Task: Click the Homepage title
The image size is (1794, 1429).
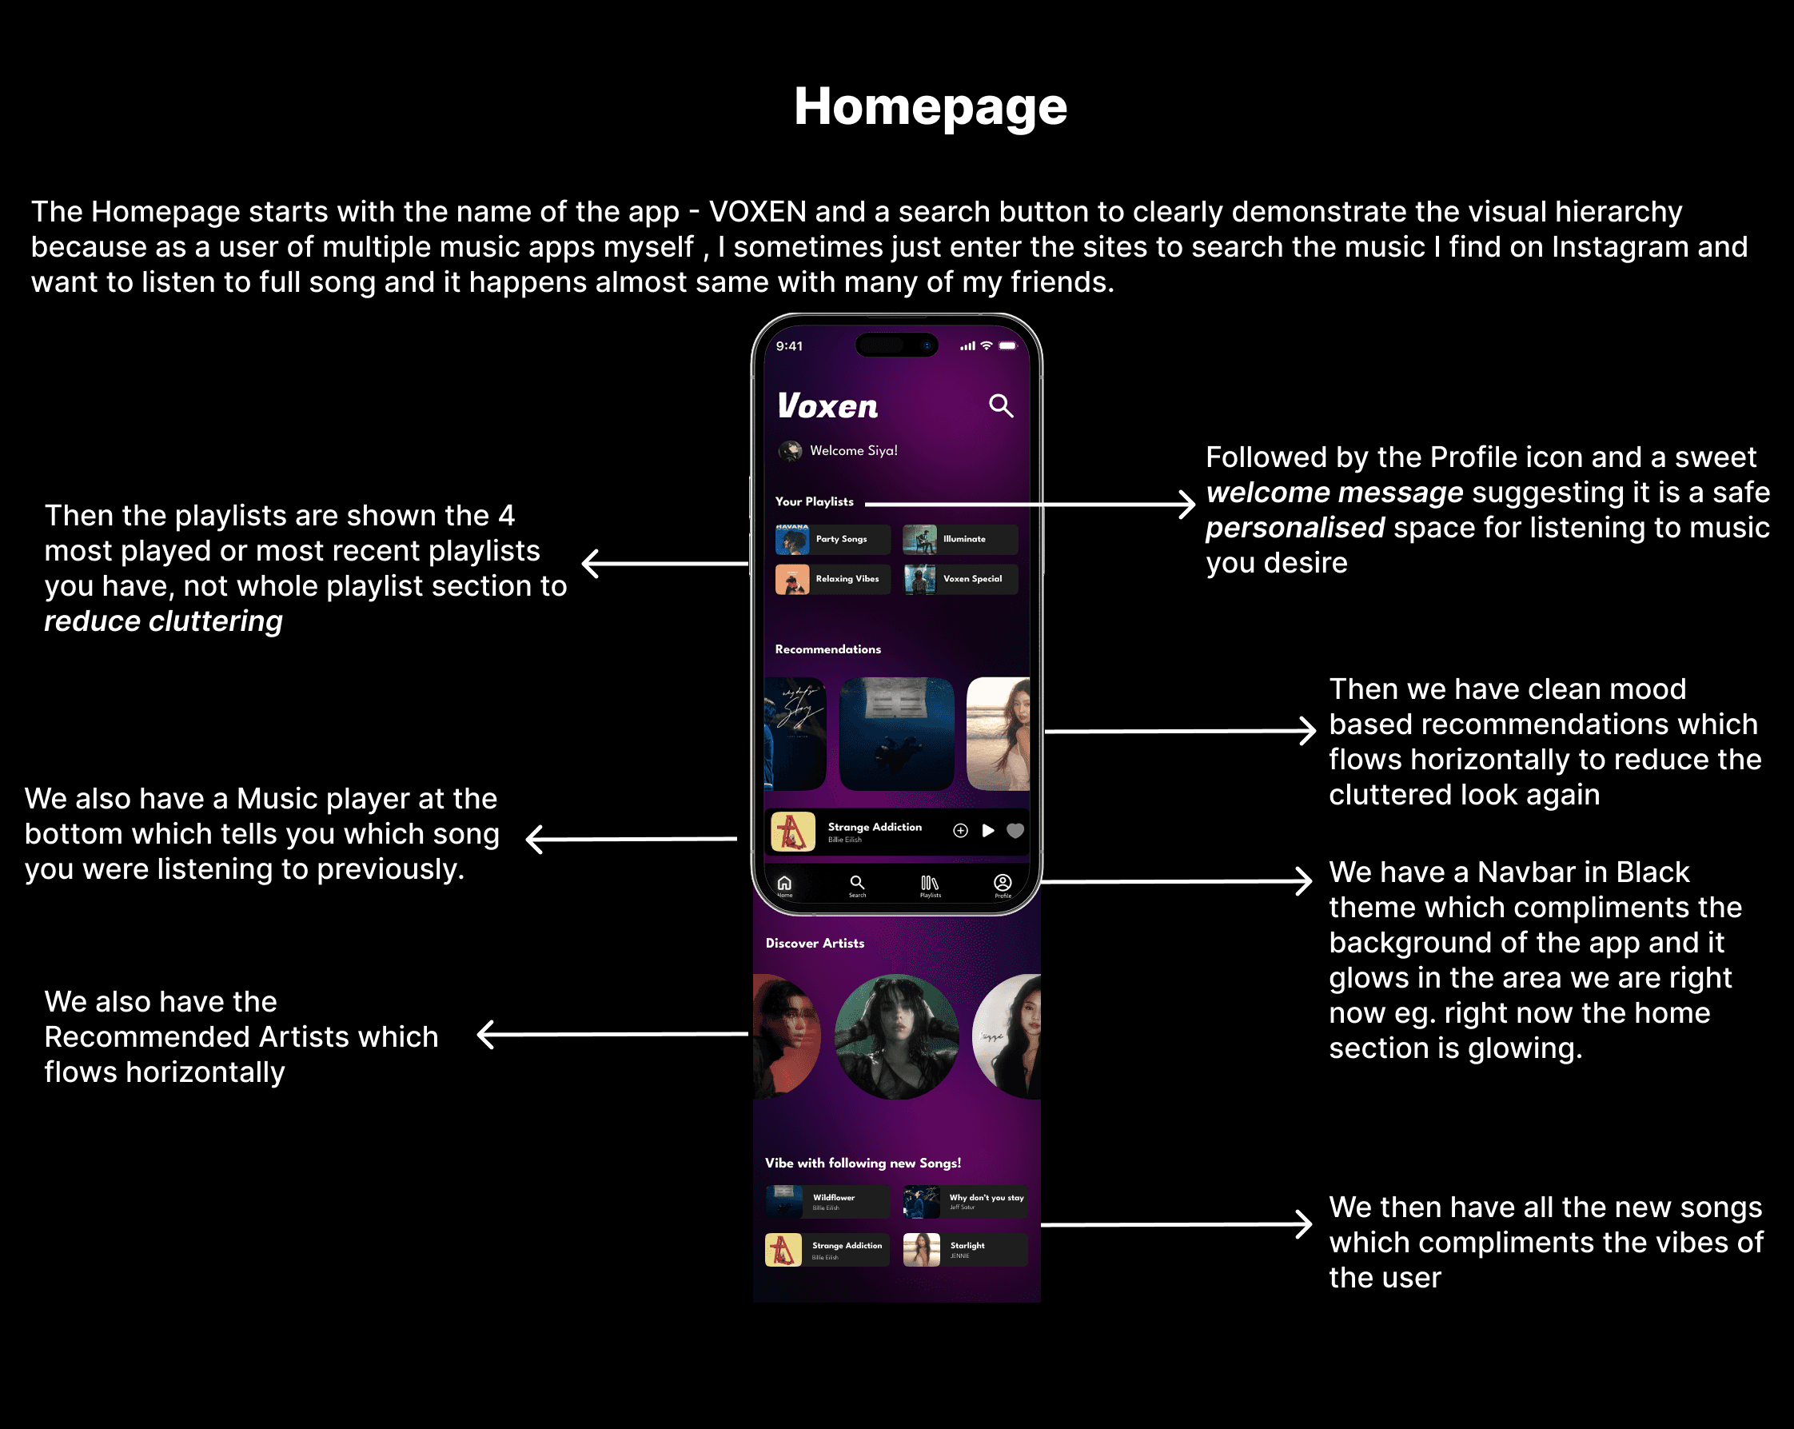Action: (x=930, y=107)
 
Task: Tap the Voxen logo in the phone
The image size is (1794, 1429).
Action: (x=827, y=406)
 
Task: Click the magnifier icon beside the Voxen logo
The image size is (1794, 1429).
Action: (x=1000, y=406)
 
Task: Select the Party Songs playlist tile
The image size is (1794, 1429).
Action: (x=832, y=539)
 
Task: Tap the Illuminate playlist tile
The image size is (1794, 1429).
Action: (x=959, y=539)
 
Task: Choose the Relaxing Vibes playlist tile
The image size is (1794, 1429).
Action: (x=832, y=579)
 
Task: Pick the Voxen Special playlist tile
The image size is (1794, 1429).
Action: (x=959, y=579)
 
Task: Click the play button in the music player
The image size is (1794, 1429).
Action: (x=987, y=831)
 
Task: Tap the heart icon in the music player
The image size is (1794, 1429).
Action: (x=1015, y=831)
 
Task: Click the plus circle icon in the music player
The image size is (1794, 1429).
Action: (x=960, y=831)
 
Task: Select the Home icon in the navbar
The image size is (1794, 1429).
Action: (x=783, y=884)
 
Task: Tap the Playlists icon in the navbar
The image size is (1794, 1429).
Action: (x=930, y=884)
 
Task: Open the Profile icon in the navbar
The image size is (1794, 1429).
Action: (x=1003, y=884)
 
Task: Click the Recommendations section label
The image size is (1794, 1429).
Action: (x=827, y=649)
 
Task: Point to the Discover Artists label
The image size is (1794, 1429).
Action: (x=815, y=943)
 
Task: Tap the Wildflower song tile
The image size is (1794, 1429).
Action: (x=827, y=1202)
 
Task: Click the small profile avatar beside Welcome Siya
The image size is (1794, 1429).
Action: (x=790, y=451)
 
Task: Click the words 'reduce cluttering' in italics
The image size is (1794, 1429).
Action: (x=163, y=621)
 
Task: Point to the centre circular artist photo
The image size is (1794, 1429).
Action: (x=896, y=1036)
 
